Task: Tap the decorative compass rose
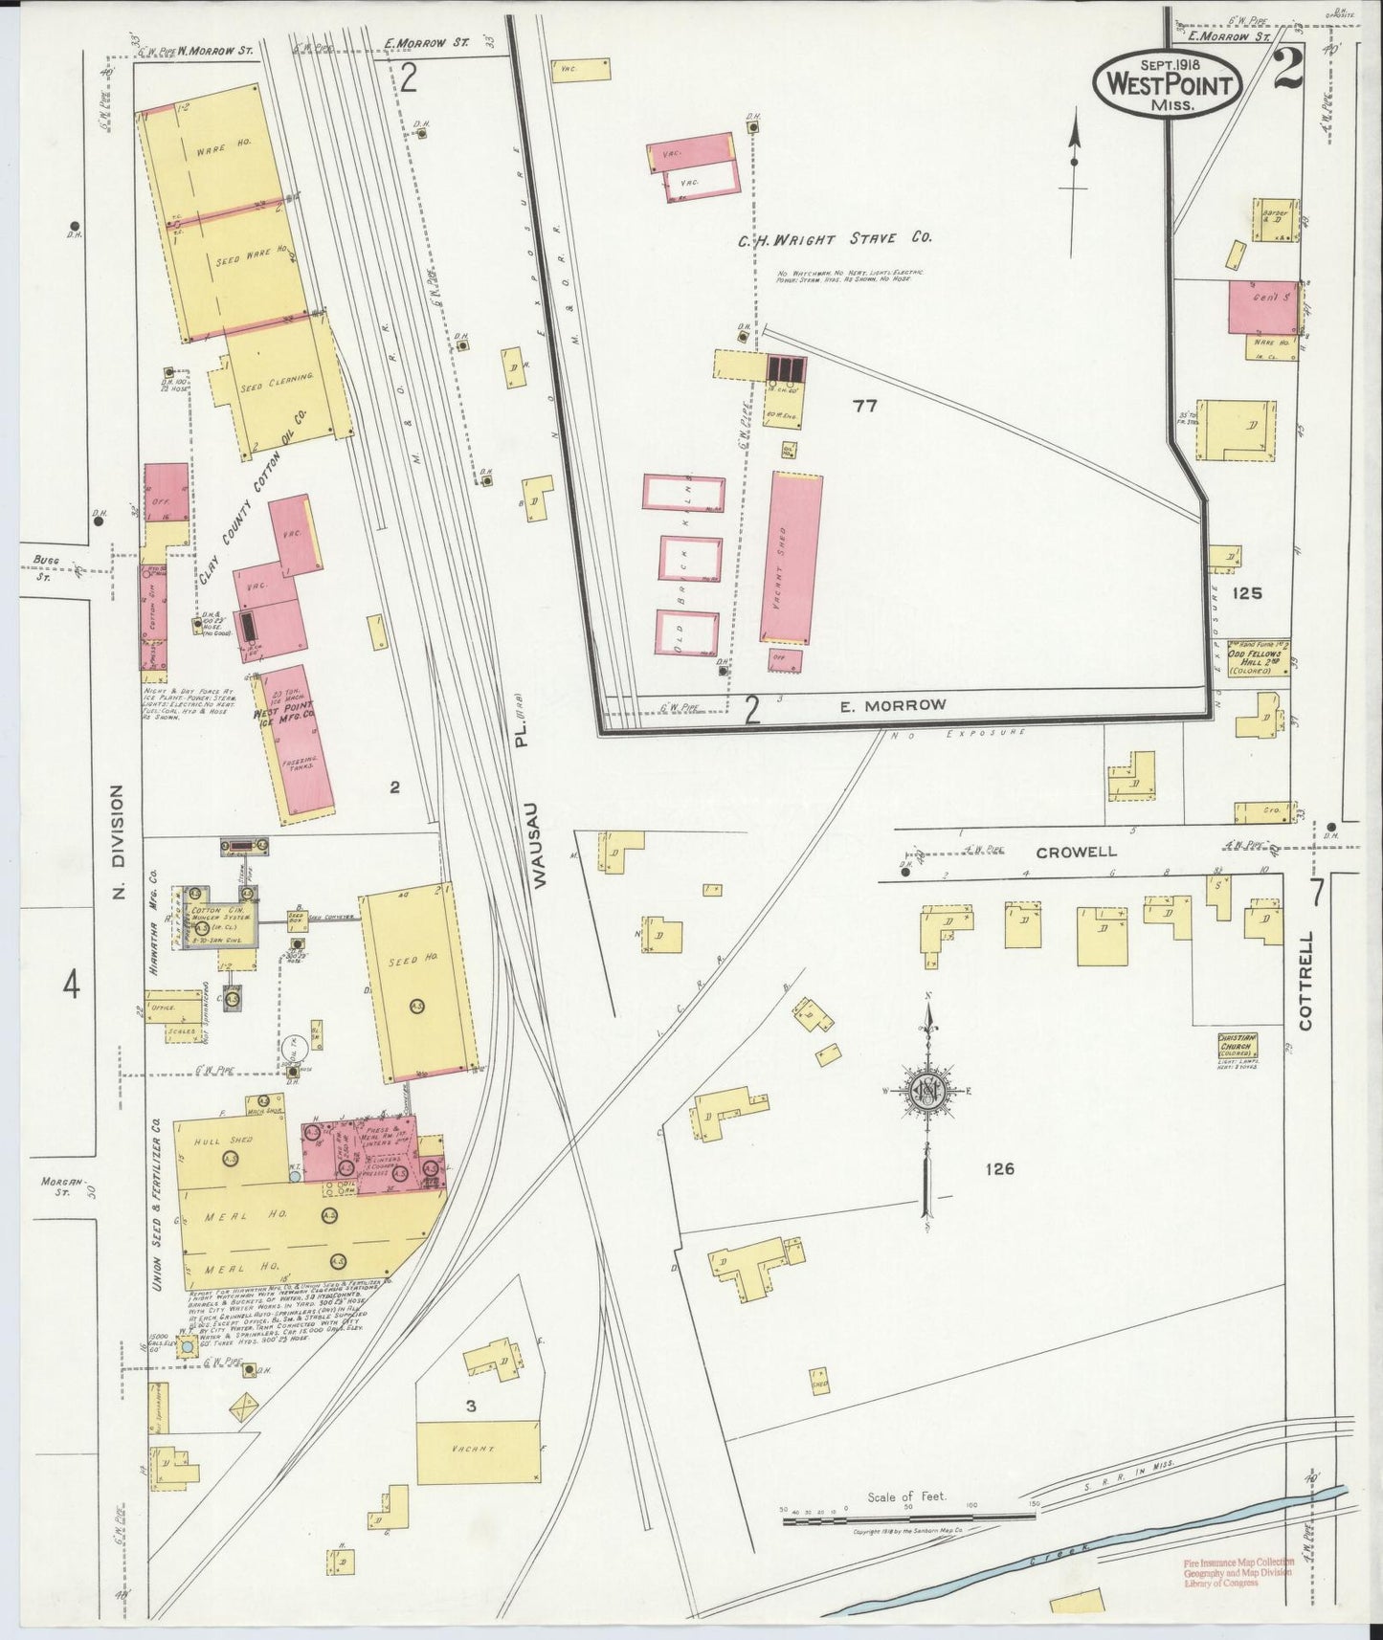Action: [927, 1092]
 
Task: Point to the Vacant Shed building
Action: [791, 558]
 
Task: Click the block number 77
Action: [864, 406]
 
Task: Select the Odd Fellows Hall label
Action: [1256, 662]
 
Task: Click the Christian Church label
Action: [1237, 1043]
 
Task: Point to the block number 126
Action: [997, 1168]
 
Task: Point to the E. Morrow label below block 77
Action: [892, 705]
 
